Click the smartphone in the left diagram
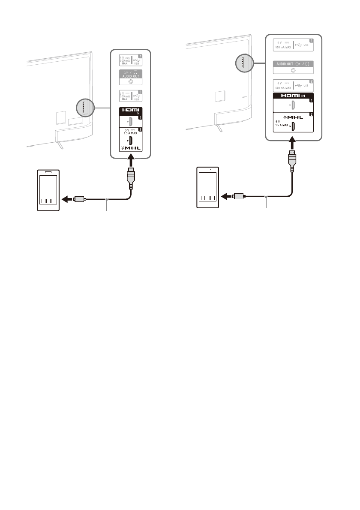[48, 190]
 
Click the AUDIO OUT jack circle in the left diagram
[130, 81]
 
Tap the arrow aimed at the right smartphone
[226, 197]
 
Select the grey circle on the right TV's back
[243, 64]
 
